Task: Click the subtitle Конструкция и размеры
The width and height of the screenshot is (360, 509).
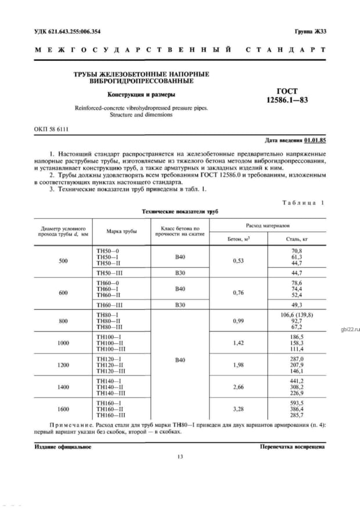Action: [x=141, y=95]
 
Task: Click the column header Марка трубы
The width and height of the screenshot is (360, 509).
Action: [x=121, y=231]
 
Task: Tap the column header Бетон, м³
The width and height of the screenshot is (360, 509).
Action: [x=238, y=239]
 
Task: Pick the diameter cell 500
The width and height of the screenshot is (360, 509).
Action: [x=63, y=261]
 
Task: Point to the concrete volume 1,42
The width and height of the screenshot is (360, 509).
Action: [x=238, y=343]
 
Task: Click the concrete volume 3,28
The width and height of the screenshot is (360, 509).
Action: [x=238, y=409]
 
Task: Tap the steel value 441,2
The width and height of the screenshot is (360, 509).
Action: [x=297, y=380]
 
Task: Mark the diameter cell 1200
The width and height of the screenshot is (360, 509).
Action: [x=63, y=364]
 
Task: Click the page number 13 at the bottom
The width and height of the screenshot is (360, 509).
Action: [x=179, y=457]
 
